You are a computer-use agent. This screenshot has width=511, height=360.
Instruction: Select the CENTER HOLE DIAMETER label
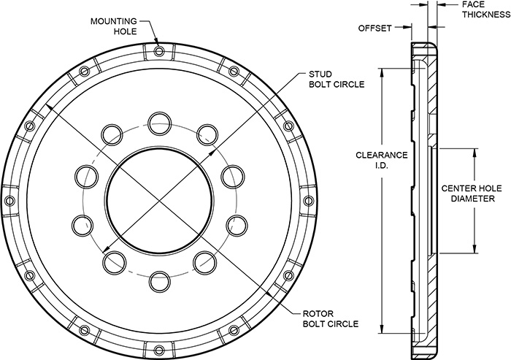coord(471,192)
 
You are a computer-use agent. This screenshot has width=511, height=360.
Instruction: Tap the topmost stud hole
coord(158,121)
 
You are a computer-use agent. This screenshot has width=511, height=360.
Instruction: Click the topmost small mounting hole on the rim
coord(160,50)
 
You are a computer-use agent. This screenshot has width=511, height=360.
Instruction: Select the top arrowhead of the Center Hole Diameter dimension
coord(475,152)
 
